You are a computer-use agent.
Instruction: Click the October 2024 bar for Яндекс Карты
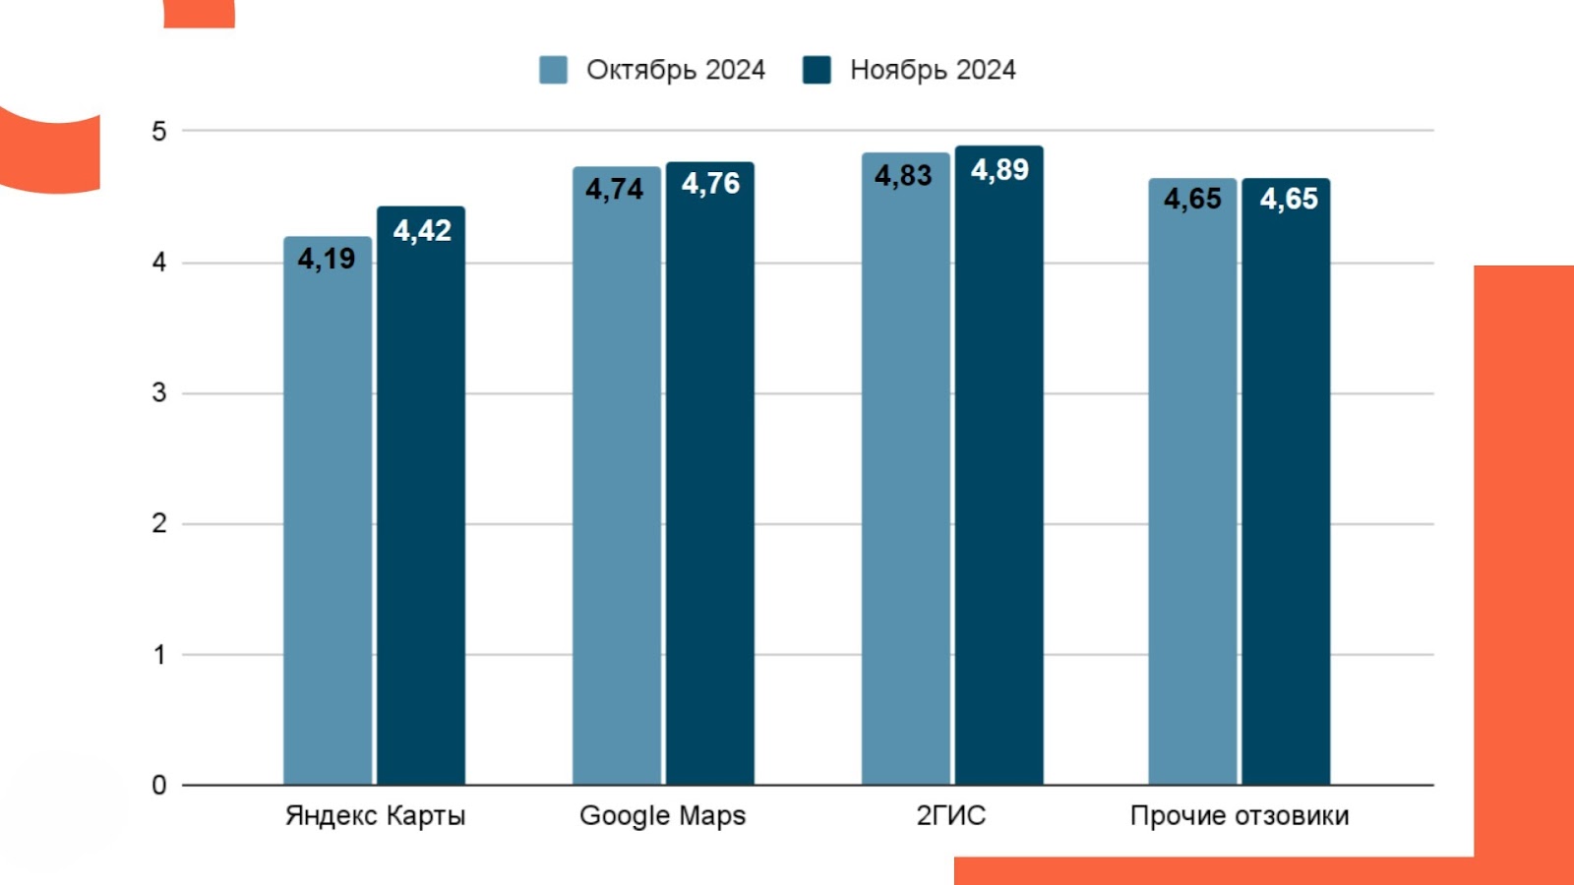pos(328,521)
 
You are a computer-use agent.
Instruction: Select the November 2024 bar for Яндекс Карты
pos(421,511)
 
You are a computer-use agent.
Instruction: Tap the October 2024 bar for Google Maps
pos(617,492)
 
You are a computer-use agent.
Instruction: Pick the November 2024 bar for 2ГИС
pos(999,482)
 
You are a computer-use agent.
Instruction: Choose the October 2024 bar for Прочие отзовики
pos(1192,492)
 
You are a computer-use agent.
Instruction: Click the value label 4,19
pos(327,259)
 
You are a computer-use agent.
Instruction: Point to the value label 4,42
pos(422,230)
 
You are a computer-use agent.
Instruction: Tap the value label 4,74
pos(615,189)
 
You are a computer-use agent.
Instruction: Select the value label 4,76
pos(710,184)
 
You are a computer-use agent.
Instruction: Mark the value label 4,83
pos(903,175)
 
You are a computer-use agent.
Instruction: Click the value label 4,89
pos(999,170)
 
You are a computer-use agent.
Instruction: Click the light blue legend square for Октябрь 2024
pos(553,70)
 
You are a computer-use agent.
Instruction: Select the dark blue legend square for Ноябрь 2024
pos(817,70)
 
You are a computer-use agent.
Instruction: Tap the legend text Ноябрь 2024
pos(933,70)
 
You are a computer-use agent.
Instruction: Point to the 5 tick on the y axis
pos(159,131)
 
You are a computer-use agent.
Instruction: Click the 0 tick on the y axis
pos(159,785)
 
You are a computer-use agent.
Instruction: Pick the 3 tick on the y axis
pos(159,393)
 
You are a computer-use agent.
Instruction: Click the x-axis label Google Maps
pos(662,815)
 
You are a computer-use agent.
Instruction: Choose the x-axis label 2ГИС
pos(950,815)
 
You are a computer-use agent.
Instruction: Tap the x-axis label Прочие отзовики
pos(1240,815)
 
